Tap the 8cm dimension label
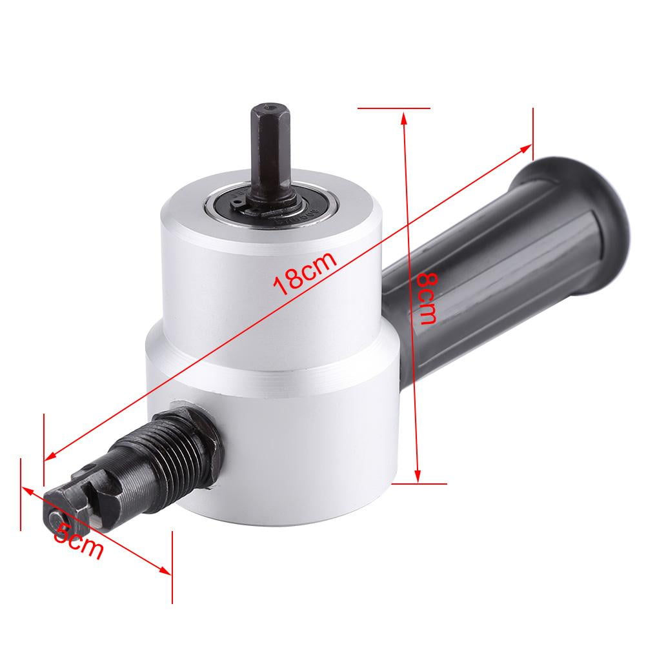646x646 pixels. (426, 298)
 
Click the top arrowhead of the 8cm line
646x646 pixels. (404, 117)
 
